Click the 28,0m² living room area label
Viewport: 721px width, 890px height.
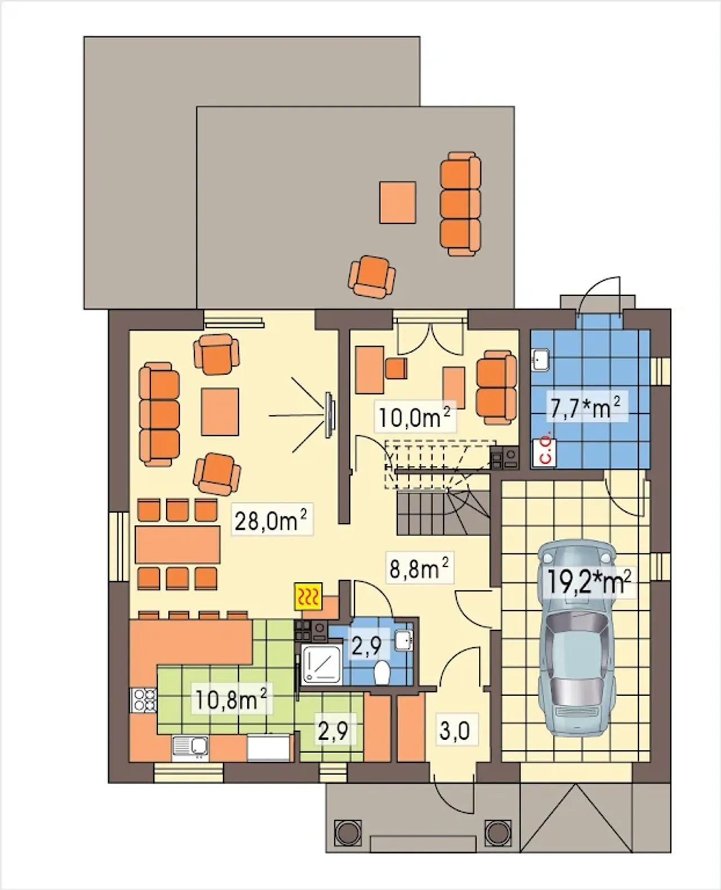pyautogui.click(x=271, y=521)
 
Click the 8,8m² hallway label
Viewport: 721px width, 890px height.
pyautogui.click(x=419, y=568)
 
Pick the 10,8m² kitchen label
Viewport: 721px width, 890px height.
pyautogui.click(x=231, y=700)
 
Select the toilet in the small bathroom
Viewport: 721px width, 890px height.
pyautogui.click(x=381, y=673)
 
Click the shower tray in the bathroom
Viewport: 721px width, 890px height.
pyautogui.click(x=321, y=665)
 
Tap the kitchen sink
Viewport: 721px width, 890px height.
pyautogui.click(x=190, y=747)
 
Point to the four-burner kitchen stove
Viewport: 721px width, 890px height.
pyautogui.click(x=143, y=700)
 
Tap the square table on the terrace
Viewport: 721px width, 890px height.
pyautogui.click(x=397, y=202)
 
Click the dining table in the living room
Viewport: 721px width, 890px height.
pyautogui.click(x=177, y=545)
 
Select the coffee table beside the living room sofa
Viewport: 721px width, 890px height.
pyautogui.click(x=220, y=412)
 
